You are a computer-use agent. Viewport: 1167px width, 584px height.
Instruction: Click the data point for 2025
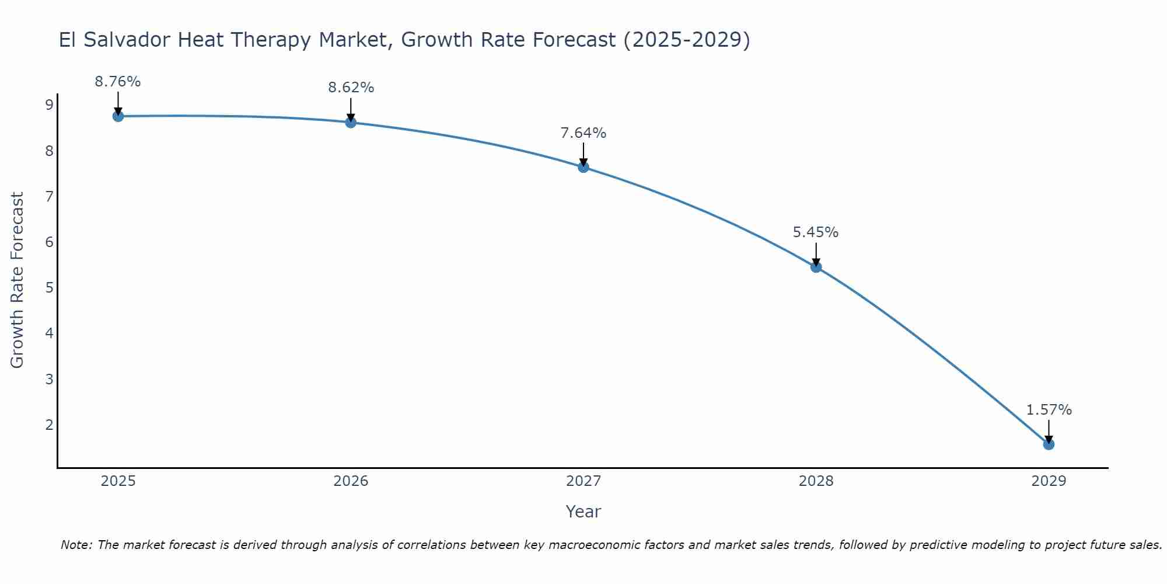[x=118, y=116]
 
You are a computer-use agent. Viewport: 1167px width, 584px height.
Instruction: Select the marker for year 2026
[x=351, y=123]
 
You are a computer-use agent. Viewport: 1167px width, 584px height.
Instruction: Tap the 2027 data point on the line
[x=583, y=168]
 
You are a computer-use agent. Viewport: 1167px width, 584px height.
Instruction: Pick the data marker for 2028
[x=816, y=267]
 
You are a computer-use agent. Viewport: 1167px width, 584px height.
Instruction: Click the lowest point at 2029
[x=1049, y=444]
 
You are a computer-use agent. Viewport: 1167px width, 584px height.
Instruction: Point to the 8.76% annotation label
[x=118, y=82]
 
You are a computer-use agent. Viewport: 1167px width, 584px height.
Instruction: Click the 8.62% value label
[x=351, y=88]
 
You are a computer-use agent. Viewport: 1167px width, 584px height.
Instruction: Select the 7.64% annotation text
[x=583, y=133]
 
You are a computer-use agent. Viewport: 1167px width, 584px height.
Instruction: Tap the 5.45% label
[x=816, y=232]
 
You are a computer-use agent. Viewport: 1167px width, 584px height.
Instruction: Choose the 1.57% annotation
[x=1049, y=410]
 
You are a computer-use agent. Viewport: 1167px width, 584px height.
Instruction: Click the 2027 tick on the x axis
[x=583, y=481]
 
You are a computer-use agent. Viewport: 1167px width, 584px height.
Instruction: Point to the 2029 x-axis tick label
[x=1049, y=481]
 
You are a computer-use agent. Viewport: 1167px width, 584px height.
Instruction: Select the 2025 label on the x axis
[x=118, y=481]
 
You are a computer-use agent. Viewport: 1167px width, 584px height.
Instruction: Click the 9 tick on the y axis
[x=49, y=105]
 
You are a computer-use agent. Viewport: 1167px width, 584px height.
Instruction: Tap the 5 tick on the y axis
[x=49, y=288]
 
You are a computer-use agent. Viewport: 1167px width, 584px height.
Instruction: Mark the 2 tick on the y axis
[x=49, y=425]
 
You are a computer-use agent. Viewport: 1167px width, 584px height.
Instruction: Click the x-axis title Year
[x=583, y=512]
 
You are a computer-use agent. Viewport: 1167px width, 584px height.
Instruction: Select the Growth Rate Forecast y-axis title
[x=18, y=280]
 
